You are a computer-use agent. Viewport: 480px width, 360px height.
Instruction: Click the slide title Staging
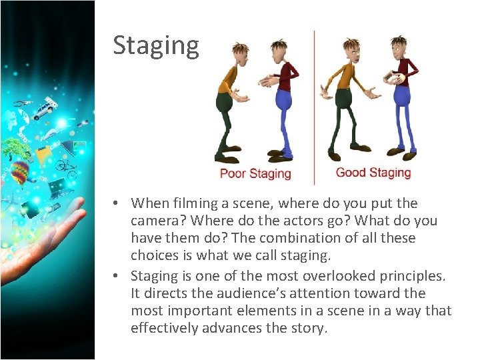click(x=155, y=45)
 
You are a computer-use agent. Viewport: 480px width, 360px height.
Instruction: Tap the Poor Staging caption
click(x=255, y=173)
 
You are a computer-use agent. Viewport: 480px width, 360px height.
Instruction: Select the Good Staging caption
click(x=373, y=173)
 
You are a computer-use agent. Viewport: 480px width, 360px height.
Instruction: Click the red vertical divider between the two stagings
click(x=314, y=107)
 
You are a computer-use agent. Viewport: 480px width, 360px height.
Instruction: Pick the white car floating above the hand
click(x=46, y=108)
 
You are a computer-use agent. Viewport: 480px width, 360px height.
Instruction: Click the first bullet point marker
click(x=115, y=203)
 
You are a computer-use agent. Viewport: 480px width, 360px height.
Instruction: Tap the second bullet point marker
click(x=115, y=275)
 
